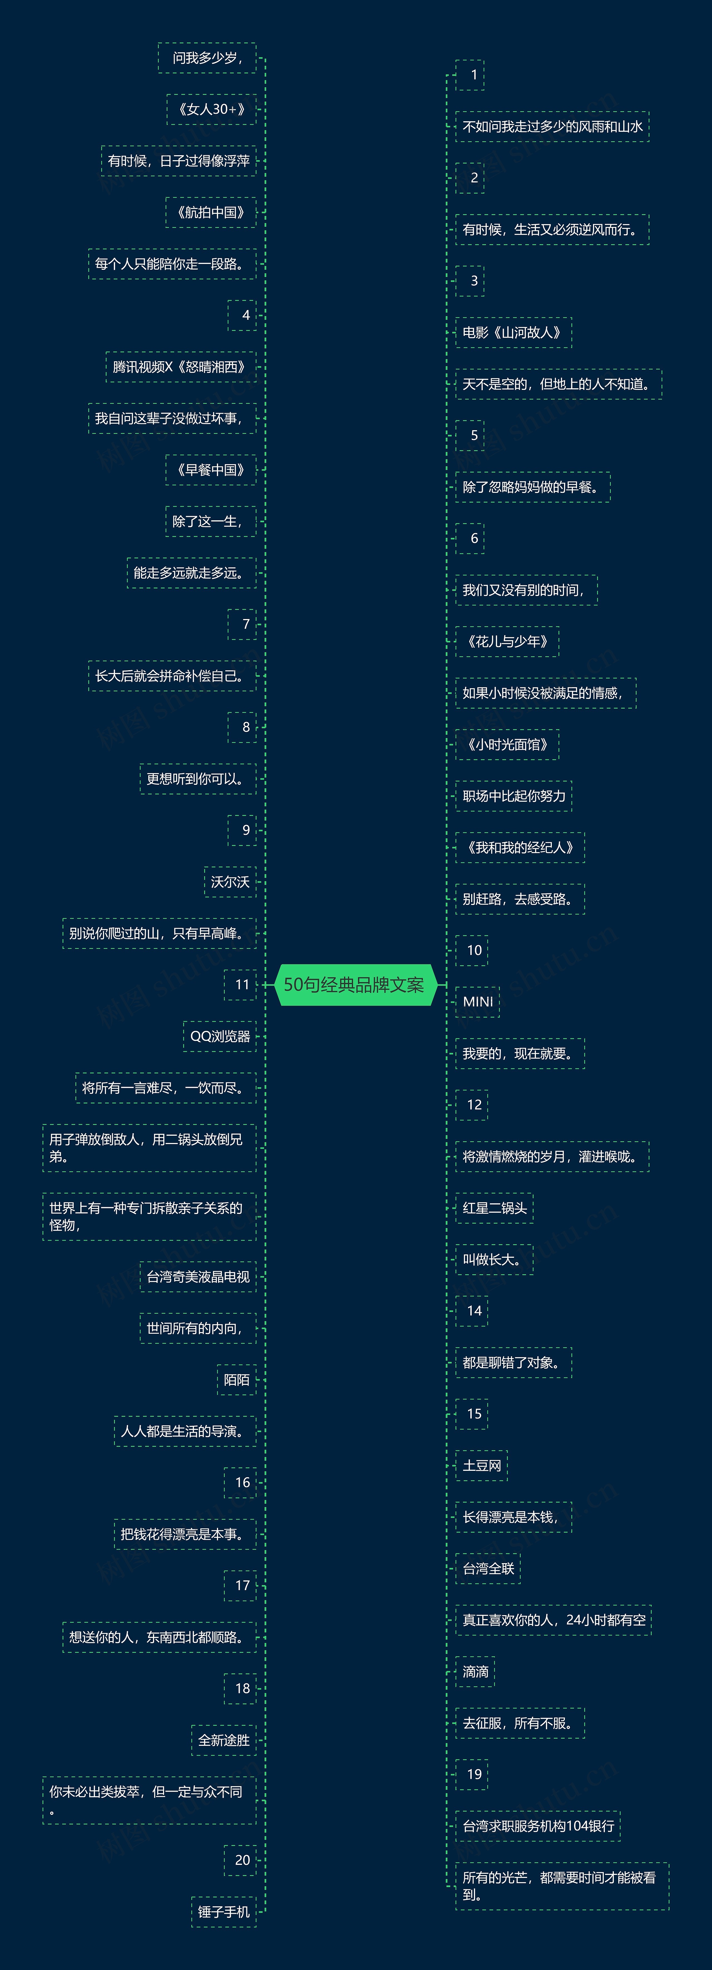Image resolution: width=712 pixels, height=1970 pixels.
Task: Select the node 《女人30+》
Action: point(211,109)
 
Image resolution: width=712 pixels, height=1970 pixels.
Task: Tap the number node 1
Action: point(473,75)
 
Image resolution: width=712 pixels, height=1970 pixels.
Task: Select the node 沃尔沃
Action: point(229,882)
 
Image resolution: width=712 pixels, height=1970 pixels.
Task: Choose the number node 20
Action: point(242,1860)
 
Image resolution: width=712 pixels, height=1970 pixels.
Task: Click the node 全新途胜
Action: point(223,1740)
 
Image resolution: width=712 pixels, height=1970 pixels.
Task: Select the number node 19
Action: point(473,1774)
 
